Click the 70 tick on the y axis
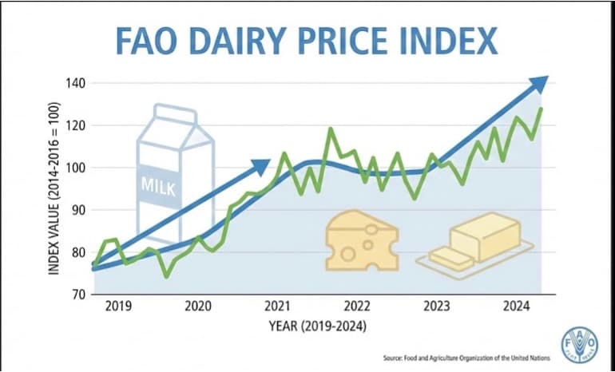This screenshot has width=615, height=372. (77, 294)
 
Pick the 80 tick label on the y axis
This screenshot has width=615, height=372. (77, 252)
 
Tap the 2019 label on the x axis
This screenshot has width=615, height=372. (119, 307)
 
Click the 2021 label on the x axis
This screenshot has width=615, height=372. (277, 307)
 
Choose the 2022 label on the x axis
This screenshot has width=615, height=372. (356, 307)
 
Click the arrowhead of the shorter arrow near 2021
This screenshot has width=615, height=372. (261, 166)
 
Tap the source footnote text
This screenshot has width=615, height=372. (461, 359)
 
